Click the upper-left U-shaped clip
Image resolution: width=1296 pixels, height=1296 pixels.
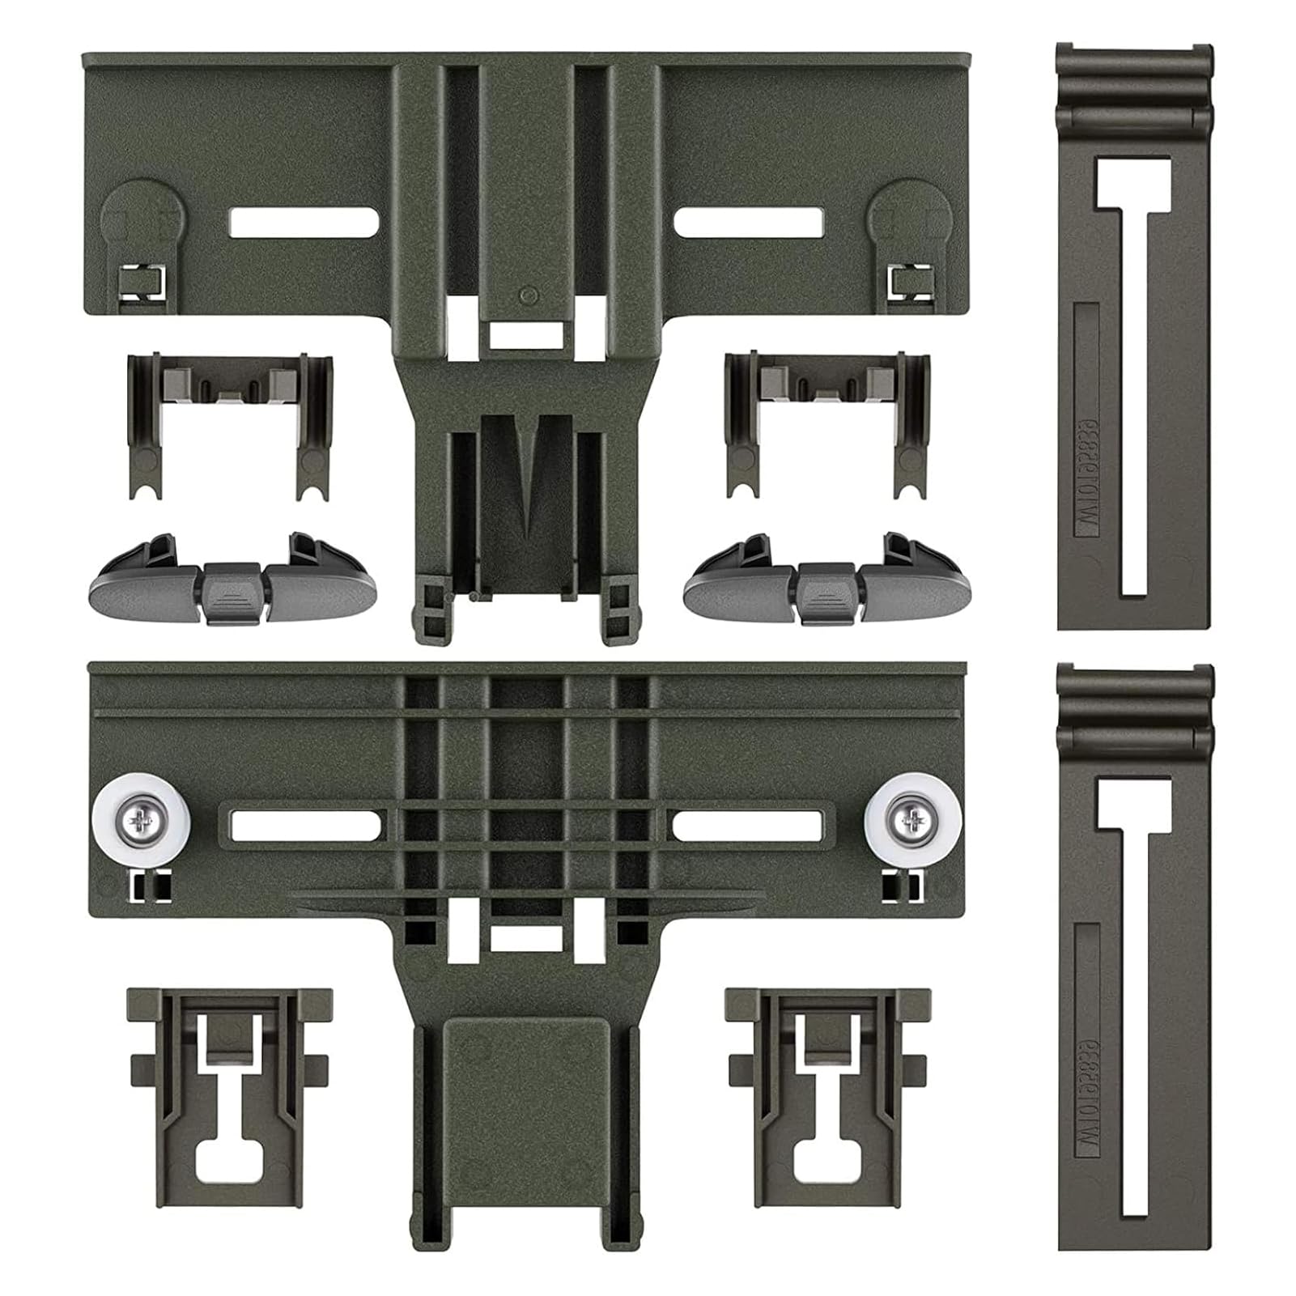pos(230,422)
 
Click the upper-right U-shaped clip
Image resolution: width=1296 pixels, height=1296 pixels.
pos(828,422)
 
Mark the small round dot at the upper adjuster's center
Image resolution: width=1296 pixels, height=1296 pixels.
pos(527,293)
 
